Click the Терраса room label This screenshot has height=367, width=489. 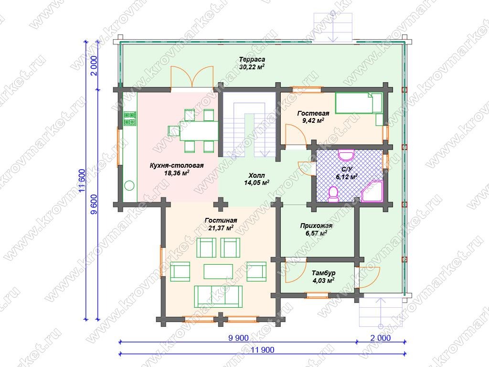[252, 59]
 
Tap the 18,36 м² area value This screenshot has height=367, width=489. [177, 173]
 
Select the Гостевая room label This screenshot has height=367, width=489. [313, 113]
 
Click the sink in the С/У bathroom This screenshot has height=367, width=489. [346, 154]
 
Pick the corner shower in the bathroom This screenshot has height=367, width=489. [372, 191]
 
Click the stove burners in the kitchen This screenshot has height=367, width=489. [130, 119]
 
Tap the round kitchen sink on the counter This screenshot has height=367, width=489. [129, 186]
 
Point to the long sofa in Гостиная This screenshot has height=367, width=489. [218, 296]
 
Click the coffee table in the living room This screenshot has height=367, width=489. [218, 271]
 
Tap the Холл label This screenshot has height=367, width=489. [256, 175]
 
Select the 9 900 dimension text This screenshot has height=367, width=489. [238, 338]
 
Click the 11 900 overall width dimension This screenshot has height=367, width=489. [263, 350]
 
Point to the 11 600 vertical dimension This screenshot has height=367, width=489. [82, 181]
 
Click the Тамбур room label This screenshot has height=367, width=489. [323, 273]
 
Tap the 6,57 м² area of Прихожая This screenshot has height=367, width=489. [316, 233]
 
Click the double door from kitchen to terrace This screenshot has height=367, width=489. [192, 77]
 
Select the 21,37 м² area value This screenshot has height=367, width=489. [221, 228]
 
